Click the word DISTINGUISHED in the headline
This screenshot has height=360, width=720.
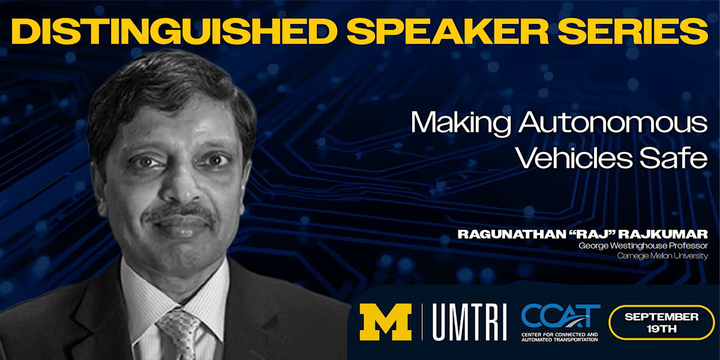pyautogui.click(x=174, y=31)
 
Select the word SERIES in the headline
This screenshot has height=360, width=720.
pyautogui.click(x=633, y=31)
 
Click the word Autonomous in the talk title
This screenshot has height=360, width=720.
pyautogui.click(x=613, y=122)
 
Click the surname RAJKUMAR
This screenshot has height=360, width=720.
pyautogui.click(x=663, y=234)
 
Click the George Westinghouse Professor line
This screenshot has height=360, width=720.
pyautogui.click(x=643, y=246)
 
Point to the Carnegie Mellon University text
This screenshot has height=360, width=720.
pyautogui.click(x=662, y=256)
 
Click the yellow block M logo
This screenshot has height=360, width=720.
pyautogui.click(x=385, y=322)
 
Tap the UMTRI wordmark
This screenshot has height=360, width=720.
pyautogui.click(x=470, y=322)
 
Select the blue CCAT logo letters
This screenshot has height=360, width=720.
pyautogui.click(x=560, y=316)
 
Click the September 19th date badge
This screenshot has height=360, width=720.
pyautogui.click(x=661, y=322)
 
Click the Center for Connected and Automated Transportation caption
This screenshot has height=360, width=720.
pyautogui.click(x=560, y=337)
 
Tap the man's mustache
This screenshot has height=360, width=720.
pyautogui.click(x=179, y=212)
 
